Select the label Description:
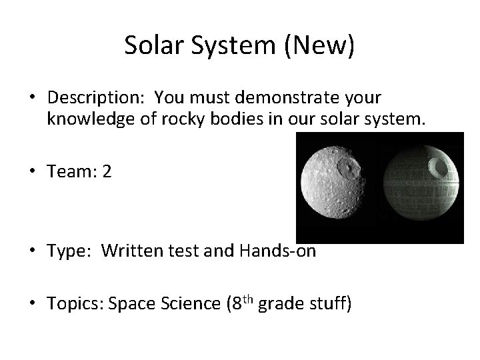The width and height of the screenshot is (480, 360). click(97, 98)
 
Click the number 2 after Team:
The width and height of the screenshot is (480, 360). click(107, 172)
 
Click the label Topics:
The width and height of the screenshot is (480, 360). click(74, 304)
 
